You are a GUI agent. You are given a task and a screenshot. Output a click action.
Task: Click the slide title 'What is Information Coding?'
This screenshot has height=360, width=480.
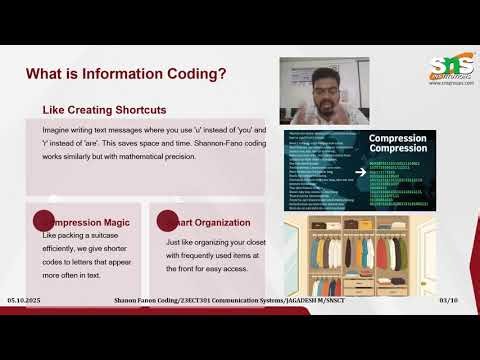tap(125, 74)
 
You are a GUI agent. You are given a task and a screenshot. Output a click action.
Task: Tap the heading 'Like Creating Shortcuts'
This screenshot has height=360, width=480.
tap(104, 109)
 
